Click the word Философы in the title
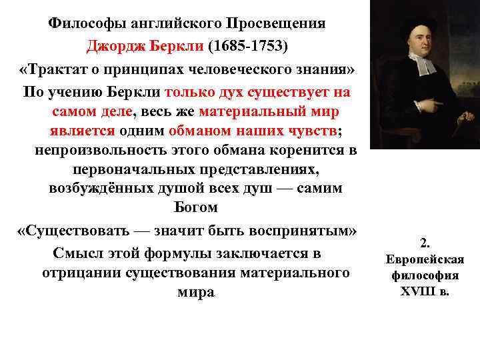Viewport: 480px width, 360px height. point(84,24)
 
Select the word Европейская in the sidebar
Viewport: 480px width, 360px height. point(425,259)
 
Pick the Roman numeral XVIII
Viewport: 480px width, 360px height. point(418,291)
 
